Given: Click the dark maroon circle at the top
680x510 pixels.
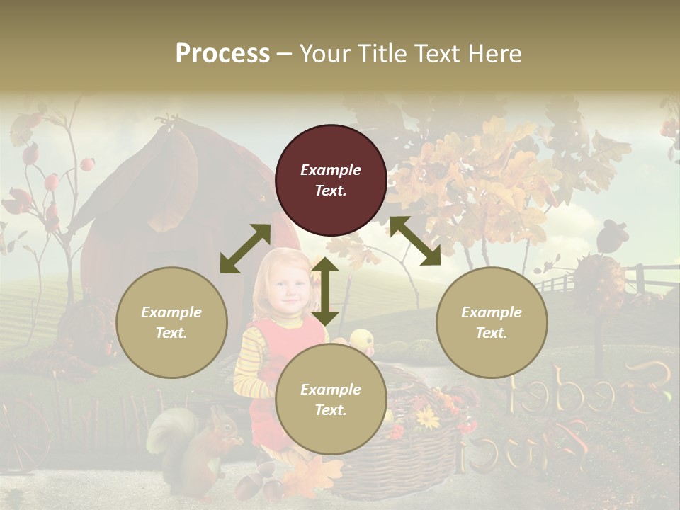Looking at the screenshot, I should [x=331, y=181].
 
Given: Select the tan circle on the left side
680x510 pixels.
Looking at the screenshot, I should [x=171, y=322].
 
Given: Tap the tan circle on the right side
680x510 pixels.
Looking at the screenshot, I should [x=492, y=322].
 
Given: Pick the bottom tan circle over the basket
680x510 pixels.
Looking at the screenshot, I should [x=331, y=399].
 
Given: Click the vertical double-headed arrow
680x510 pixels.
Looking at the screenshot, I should [x=325, y=292].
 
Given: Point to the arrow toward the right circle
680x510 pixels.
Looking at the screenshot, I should [x=415, y=241].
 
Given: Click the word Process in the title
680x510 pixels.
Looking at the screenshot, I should [x=222, y=53].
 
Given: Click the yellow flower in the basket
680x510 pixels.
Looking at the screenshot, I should [x=428, y=419].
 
